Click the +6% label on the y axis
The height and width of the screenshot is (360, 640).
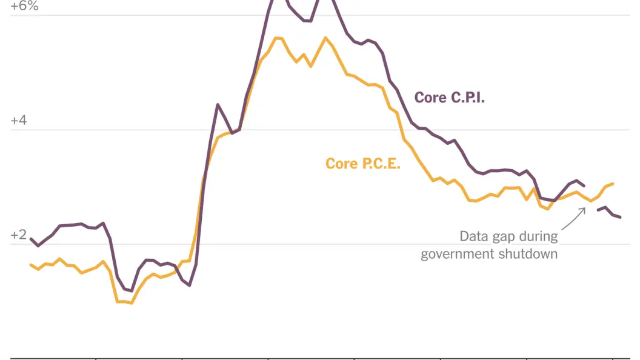point(24,7)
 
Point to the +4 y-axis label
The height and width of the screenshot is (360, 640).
point(18,121)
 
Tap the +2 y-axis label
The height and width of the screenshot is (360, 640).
point(18,235)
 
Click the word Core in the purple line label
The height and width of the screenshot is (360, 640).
point(430,98)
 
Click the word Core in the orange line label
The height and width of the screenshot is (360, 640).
point(341,164)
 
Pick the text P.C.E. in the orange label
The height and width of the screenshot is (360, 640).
point(380,164)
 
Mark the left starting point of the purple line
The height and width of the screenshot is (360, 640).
point(31,239)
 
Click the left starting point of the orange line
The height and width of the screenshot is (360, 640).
point(31,265)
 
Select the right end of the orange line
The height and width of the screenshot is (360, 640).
point(613,183)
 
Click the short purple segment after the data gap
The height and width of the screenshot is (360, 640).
point(609,212)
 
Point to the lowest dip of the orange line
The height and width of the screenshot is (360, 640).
point(131,302)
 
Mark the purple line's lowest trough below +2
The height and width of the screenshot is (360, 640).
point(131,291)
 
